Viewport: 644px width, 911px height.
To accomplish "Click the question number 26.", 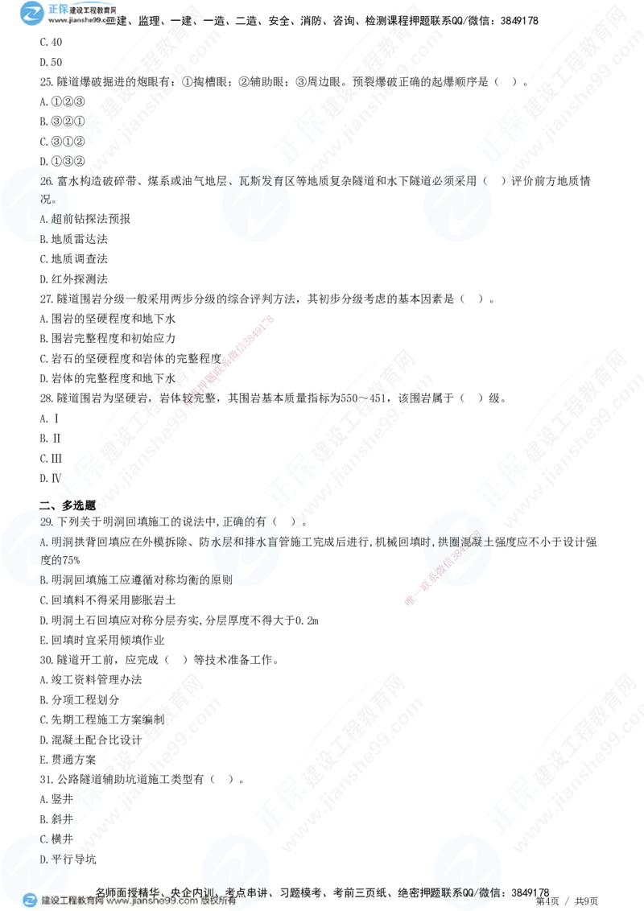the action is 46,183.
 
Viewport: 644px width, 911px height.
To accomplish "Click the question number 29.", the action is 46,522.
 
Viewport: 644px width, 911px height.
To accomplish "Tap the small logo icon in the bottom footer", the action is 30,901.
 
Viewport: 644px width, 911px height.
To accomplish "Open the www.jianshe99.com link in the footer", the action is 152,901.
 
